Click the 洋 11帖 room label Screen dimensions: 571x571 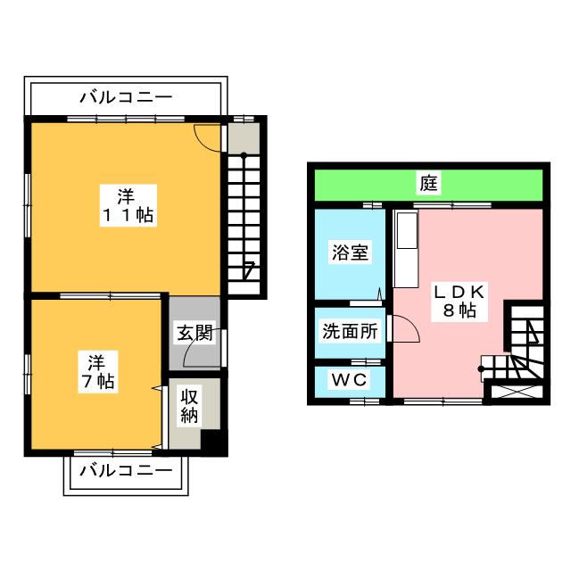pyautogui.click(x=128, y=206)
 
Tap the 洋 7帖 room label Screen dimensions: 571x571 pyautogui.click(x=98, y=372)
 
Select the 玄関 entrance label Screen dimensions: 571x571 pyautogui.click(x=194, y=332)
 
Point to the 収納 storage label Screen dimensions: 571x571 pyautogui.click(x=189, y=406)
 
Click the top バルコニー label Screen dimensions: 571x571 pyautogui.click(x=126, y=97)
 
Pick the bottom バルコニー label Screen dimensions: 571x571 pyautogui.click(x=126, y=471)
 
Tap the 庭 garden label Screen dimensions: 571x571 pyautogui.click(x=428, y=183)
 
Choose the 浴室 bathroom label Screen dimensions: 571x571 pyautogui.click(x=350, y=252)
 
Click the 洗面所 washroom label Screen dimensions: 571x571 pyautogui.click(x=350, y=331)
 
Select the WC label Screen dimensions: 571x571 pyautogui.click(x=349, y=380)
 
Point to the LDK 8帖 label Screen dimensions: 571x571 pyautogui.click(x=459, y=302)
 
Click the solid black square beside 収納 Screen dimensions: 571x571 pyautogui.click(x=214, y=443)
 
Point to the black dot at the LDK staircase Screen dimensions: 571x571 pyautogui.click(x=481, y=368)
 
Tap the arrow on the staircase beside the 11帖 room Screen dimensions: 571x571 pyautogui.click(x=248, y=270)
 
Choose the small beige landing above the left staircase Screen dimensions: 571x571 pyautogui.click(x=244, y=138)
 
